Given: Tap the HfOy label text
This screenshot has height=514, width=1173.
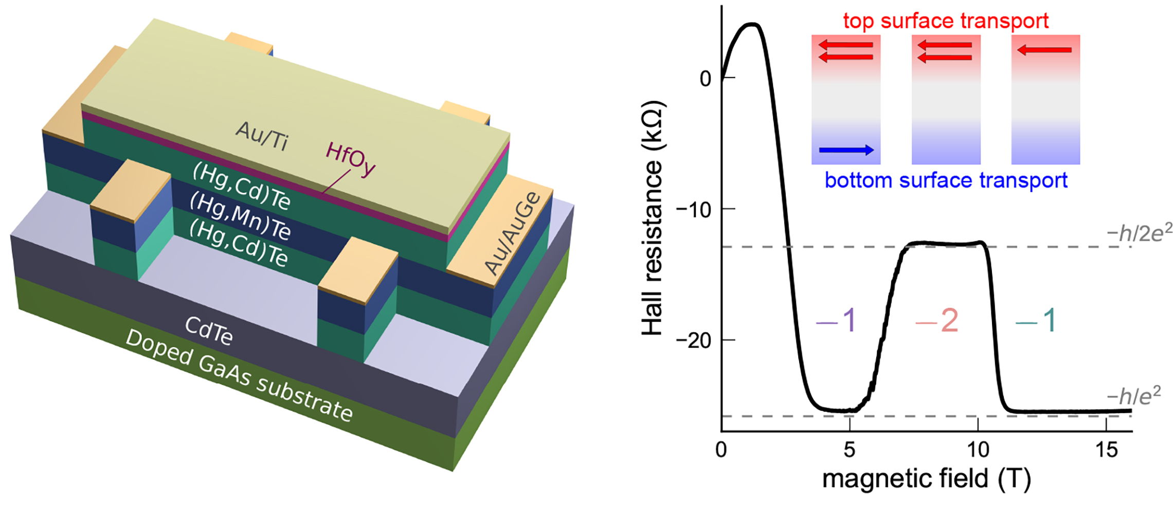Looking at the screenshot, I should click(350, 159).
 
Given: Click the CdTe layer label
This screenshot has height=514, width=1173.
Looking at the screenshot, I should click(209, 330).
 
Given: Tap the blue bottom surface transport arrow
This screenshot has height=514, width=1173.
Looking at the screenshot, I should click(846, 150).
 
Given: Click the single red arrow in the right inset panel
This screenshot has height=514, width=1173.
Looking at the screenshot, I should click(1044, 50).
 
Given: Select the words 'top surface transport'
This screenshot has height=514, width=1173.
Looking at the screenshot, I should click(945, 21).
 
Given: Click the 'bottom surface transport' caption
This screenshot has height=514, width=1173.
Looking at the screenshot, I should click(946, 180).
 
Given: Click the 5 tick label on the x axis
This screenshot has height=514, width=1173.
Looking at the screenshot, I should click(849, 450).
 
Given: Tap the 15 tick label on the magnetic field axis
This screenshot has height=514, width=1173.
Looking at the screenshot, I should click(1106, 450).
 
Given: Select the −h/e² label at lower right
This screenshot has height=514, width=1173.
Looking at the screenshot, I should click(1133, 396).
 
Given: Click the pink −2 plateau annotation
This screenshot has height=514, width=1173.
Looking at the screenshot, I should click(937, 321).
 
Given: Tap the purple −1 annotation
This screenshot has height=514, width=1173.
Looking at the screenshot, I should click(836, 321).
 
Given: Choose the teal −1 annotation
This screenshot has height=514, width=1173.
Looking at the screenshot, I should click(1036, 321).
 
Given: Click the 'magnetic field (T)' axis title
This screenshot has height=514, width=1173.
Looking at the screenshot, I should click(927, 479).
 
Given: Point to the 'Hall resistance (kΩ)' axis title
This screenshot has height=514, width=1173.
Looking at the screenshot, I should click(653, 218).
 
